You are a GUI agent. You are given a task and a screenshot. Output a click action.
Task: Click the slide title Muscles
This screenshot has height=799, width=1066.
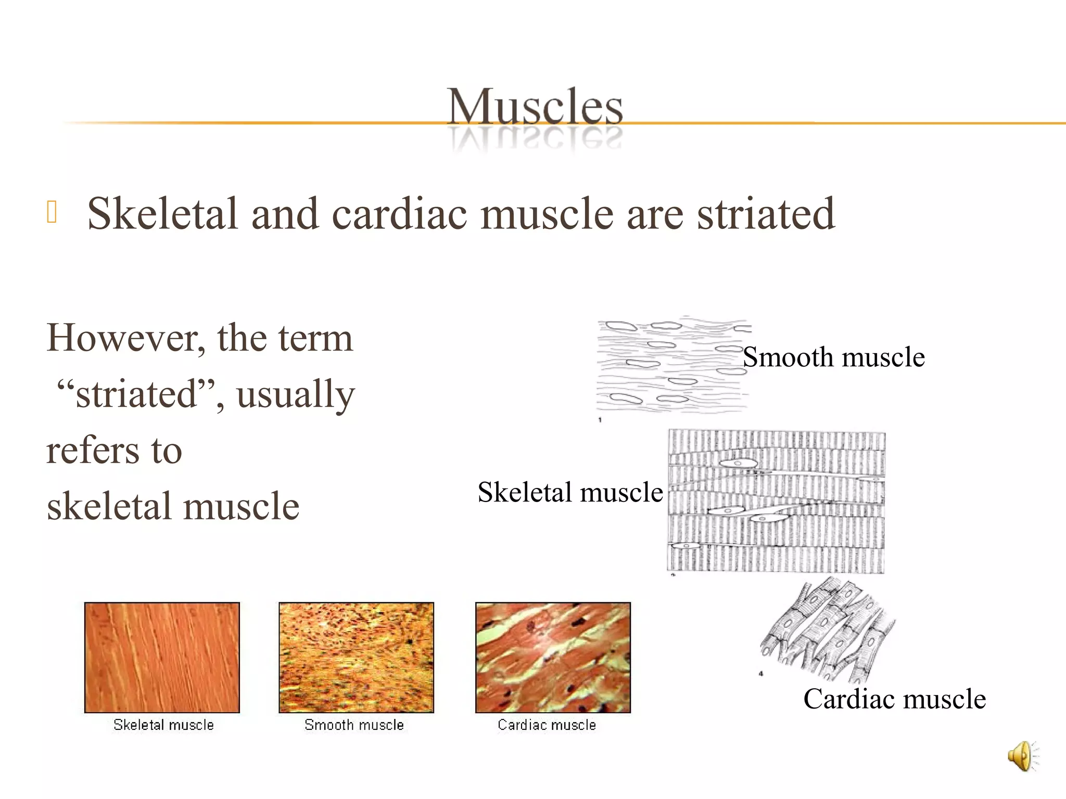[x=535, y=107]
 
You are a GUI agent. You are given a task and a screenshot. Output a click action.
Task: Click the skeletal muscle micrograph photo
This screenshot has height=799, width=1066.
[x=162, y=658]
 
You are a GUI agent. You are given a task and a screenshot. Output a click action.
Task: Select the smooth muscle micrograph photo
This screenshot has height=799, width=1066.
[x=356, y=658]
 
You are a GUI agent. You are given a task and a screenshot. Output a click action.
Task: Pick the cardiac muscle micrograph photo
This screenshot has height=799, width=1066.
[x=553, y=658]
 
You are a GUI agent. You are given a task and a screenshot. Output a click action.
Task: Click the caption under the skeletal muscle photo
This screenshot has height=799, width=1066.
[x=163, y=725]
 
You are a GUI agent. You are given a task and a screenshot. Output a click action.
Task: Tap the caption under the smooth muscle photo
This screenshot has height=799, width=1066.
[x=354, y=725]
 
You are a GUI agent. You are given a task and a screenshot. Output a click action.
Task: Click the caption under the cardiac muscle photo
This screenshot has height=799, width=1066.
[x=547, y=725]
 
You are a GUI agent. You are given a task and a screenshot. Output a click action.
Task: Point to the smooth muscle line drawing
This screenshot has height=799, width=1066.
[x=671, y=364]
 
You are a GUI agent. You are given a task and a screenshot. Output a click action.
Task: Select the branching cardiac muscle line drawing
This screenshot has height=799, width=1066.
[x=828, y=629]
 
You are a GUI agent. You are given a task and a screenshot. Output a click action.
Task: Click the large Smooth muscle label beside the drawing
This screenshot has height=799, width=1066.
[x=834, y=357]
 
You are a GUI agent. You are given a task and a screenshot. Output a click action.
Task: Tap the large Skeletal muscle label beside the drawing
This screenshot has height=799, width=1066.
[x=570, y=492]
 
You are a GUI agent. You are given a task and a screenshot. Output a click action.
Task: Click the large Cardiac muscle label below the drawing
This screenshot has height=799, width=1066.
[x=894, y=699]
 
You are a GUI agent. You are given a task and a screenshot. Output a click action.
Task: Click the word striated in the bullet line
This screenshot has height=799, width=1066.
[x=766, y=214]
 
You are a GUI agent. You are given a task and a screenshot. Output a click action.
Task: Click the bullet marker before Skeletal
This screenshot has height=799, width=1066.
[x=52, y=212]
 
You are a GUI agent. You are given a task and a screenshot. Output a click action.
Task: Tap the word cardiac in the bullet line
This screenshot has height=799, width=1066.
[x=399, y=214]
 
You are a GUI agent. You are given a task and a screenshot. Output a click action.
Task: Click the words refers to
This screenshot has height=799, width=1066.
[x=114, y=450]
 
